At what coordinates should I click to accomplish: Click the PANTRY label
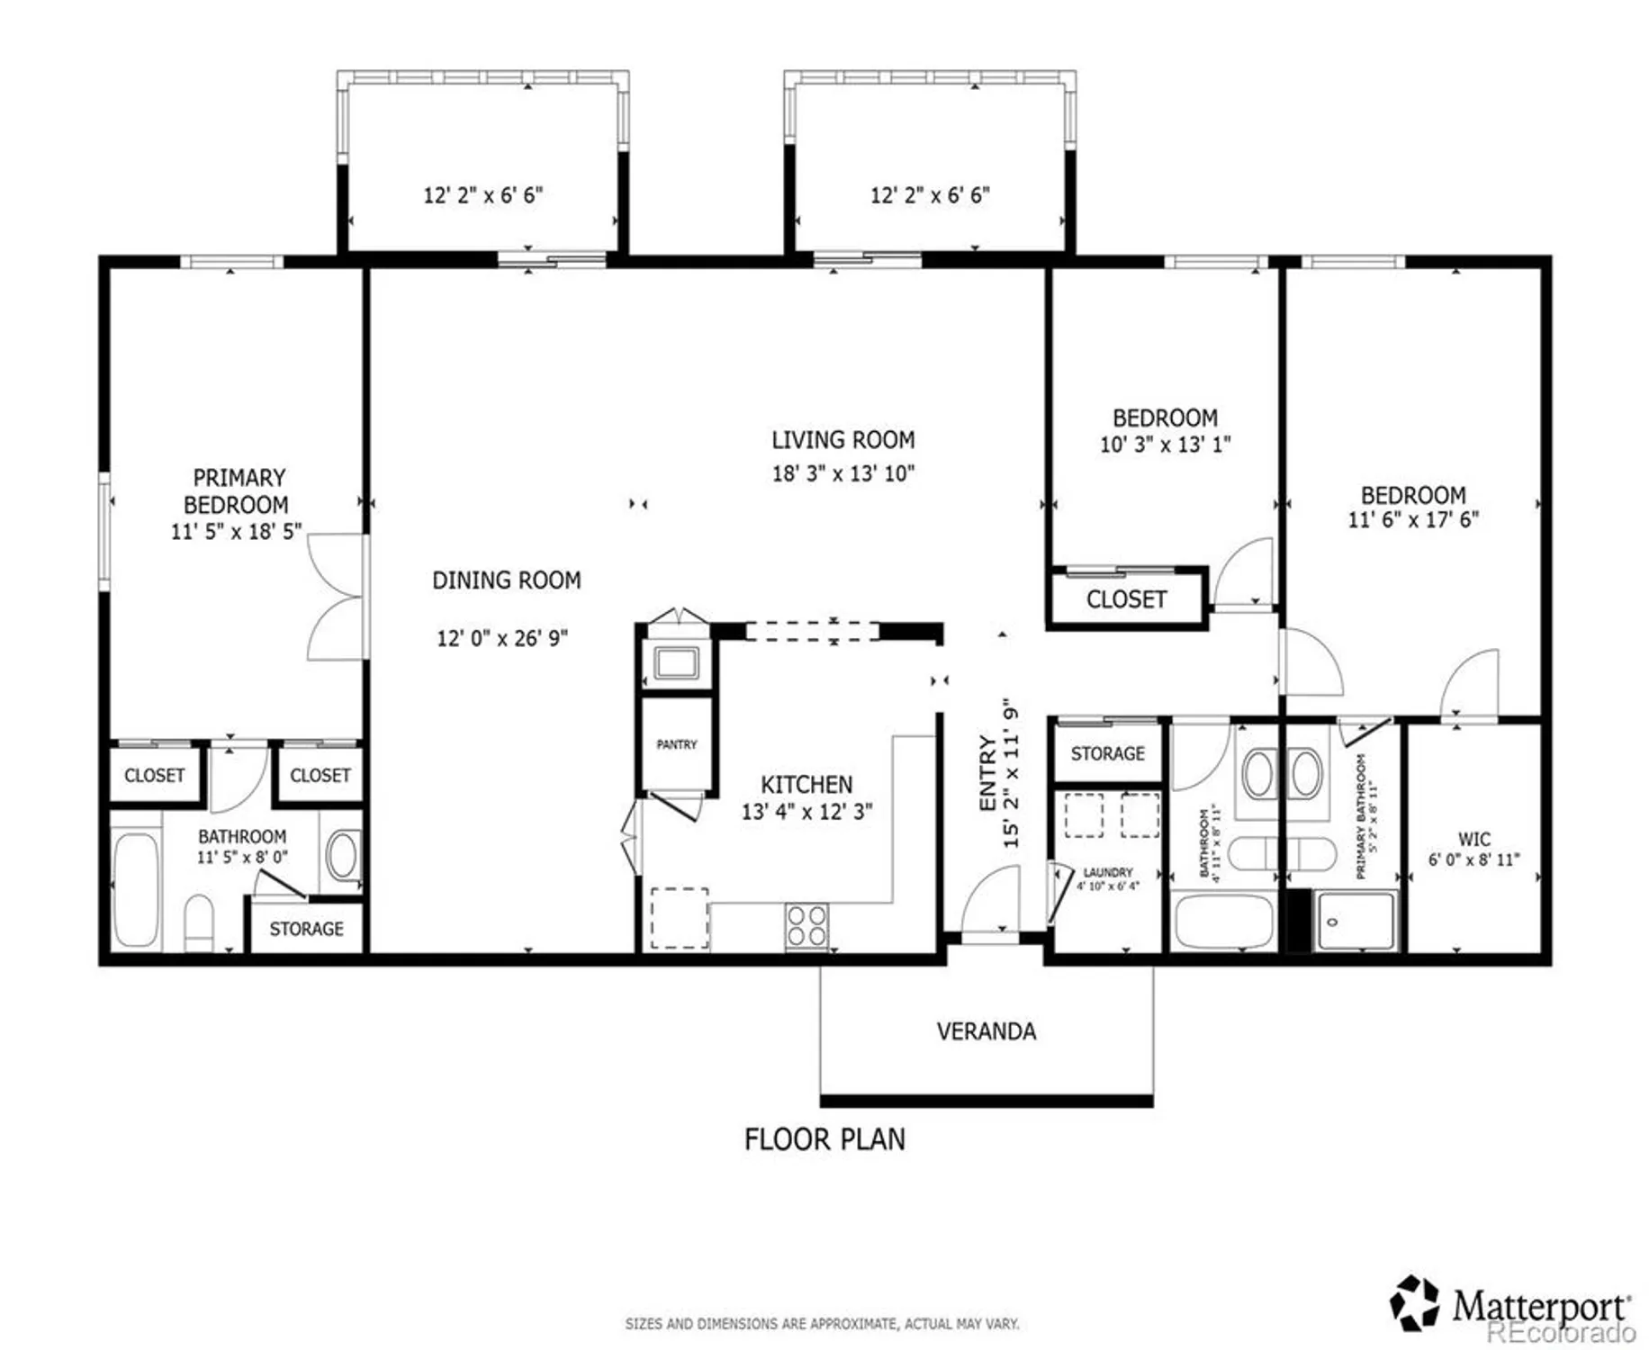[x=676, y=744]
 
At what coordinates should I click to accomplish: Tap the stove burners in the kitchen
[x=806, y=926]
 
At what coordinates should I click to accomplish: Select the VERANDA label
[x=986, y=1031]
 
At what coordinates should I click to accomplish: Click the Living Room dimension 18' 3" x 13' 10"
[x=843, y=473]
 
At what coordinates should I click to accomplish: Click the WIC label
[x=1473, y=839]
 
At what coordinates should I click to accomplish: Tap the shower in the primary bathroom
[x=1354, y=921]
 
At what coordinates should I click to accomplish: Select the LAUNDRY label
[x=1107, y=872]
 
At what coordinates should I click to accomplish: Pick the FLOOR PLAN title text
[x=824, y=1139]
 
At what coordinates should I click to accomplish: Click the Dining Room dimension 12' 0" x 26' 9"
[x=502, y=638]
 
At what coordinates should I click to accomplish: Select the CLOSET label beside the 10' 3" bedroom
[x=1126, y=599]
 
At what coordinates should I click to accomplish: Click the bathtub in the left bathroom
[x=136, y=889]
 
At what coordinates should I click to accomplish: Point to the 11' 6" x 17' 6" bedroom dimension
[x=1412, y=519]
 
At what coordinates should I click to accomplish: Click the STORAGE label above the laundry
[x=1107, y=753]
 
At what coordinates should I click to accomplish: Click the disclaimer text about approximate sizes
[x=822, y=1324]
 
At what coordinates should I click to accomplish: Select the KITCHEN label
[x=806, y=784]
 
